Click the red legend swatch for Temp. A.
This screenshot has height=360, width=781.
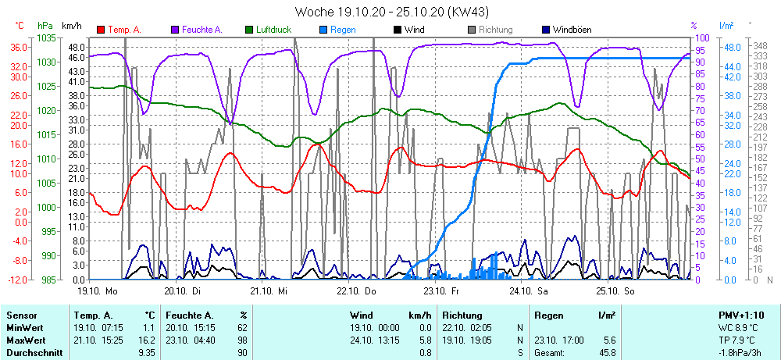pyautogui.click(x=101, y=30)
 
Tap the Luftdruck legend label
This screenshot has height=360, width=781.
pyautogui.click(x=273, y=30)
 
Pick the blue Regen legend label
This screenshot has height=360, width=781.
pyautogui.click(x=343, y=30)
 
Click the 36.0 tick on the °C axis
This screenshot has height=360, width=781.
pyautogui.click(x=20, y=47)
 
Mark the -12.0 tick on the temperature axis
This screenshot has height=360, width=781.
pyautogui.click(x=18, y=279)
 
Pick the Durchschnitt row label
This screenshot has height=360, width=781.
pyautogui.click(x=32, y=353)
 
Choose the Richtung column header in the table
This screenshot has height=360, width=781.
pyautogui.click(x=462, y=315)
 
